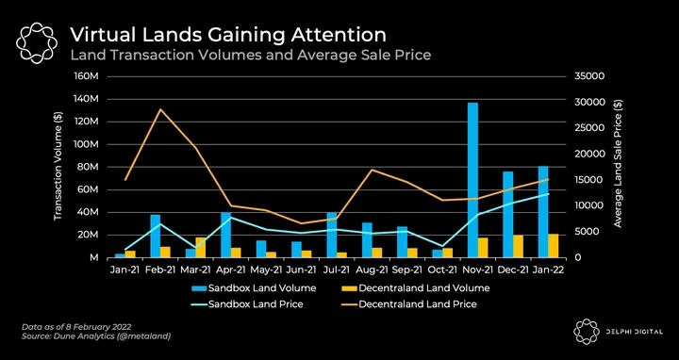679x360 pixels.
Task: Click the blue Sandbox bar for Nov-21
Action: pyautogui.click(x=472, y=180)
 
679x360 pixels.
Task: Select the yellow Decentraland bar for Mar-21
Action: pyautogui.click(x=201, y=248)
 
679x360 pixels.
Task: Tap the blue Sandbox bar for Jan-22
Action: pyautogui.click(x=543, y=212)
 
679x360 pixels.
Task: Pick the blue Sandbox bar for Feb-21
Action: pyautogui.click(x=156, y=237)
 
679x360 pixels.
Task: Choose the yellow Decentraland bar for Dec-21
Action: pyautogui.click(x=519, y=247)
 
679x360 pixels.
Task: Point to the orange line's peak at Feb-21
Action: pyautogui.click(x=160, y=109)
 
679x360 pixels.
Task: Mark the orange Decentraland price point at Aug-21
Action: pyautogui.click(x=372, y=170)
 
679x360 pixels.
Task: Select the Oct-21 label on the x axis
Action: pyautogui.click(x=442, y=270)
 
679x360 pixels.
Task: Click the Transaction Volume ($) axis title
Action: pyautogui.click(x=58, y=166)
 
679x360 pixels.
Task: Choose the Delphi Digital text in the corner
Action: pyautogui.click(x=638, y=332)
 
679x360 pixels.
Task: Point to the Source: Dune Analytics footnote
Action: pyautogui.click(x=96, y=336)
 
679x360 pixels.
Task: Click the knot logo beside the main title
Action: pyautogui.click(x=37, y=43)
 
